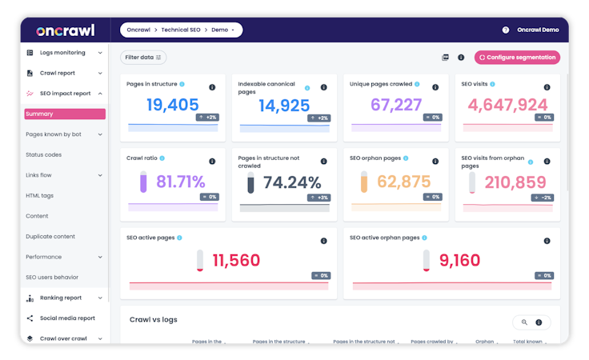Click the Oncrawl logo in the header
(65, 30)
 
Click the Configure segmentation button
(516, 58)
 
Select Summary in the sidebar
(64, 114)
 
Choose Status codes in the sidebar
(43, 154)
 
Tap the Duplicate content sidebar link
(50, 236)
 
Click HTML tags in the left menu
(39, 195)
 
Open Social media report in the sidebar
(66, 318)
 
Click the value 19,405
(172, 105)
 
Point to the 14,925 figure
(284, 105)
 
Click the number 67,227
(396, 105)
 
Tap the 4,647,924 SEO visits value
(508, 105)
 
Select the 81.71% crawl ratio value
(180, 182)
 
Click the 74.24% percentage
(292, 182)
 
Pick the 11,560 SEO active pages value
(236, 260)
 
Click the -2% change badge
(543, 197)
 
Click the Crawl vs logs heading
(154, 319)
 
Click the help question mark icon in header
(505, 30)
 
